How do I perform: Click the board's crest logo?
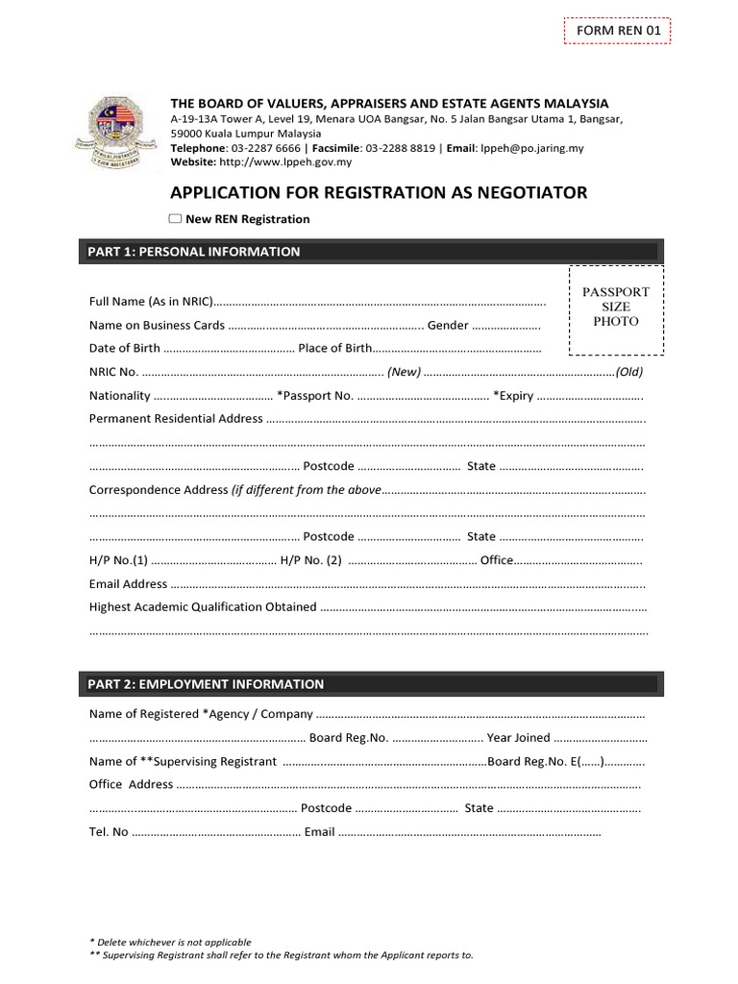click(114, 135)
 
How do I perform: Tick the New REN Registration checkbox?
click(175, 219)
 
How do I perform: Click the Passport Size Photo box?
click(616, 307)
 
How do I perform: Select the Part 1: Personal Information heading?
click(194, 252)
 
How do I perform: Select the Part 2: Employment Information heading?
click(206, 684)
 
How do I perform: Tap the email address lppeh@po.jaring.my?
click(531, 149)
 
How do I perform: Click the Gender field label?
click(448, 326)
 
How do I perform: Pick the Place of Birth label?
click(334, 348)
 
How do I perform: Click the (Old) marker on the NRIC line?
click(629, 372)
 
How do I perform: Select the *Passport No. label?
click(315, 396)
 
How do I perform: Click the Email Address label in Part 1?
click(129, 583)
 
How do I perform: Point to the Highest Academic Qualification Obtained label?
click(203, 607)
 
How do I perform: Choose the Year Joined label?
click(519, 738)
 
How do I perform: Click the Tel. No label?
click(109, 832)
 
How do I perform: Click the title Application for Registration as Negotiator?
click(378, 193)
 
